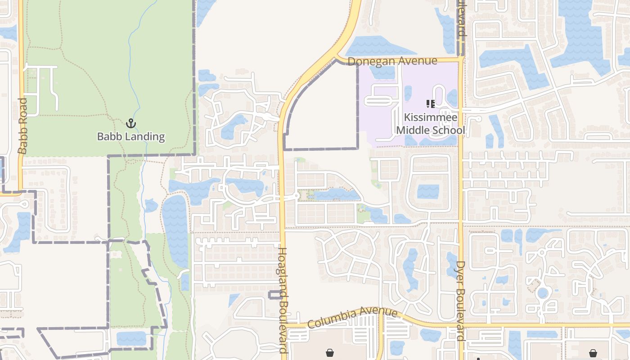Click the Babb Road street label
[x=22, y=126]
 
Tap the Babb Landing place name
[x=131, y=136]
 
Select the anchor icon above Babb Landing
[x=131, y=123]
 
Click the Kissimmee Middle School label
[x=430, y=124]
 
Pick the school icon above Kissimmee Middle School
[x=430, y=104]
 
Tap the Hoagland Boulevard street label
[x=283, y=301]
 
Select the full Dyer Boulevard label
[x=460, y=301]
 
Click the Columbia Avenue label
[x=352, y=318]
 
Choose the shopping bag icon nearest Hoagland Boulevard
[x=330, y=352]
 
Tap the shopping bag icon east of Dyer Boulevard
[x=593, y=352]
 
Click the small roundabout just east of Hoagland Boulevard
[x=296, y=196]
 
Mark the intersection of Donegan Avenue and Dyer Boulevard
[x=461, y=58]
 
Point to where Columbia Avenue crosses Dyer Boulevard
[x=461, y=324]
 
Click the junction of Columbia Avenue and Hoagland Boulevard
[x=283, y=324]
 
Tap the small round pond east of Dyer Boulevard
[x=543, y=293]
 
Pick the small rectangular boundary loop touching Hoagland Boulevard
[x=275, y=295]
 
